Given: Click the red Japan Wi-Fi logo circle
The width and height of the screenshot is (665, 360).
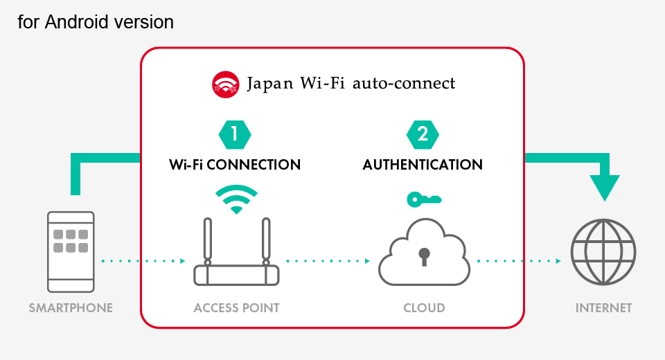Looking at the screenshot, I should (x=225, y=84).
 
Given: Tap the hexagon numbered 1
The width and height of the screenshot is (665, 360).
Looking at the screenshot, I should (x=235, y=134).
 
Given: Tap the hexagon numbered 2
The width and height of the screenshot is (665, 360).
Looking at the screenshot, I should (x=423, y=134).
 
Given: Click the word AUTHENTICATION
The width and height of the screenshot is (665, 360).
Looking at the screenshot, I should (x=423, y=165).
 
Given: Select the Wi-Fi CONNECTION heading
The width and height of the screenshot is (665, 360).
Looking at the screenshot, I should (x=235, y=165).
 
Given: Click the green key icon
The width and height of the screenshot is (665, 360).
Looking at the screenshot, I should (x=424, y=199).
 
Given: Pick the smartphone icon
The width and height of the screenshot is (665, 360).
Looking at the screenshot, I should (x=71, y=251).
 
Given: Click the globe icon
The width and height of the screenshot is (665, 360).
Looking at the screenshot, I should (x=603, y=251).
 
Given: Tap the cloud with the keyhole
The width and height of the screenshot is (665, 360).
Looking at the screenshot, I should (x=424, y=251).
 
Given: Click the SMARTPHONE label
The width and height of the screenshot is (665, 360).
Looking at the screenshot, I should (x=71, y=307).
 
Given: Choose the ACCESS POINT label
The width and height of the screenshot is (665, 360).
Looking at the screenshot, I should (x=236, y=307).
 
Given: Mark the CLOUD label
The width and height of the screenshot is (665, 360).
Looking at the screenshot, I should (x=424, y=307).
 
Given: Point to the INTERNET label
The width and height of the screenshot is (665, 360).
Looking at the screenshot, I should (x=603, y=307).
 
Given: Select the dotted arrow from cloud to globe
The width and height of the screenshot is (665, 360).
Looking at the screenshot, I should (x=519, y=261).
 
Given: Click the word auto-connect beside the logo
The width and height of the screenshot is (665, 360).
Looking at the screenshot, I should (x=404, y=84).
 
